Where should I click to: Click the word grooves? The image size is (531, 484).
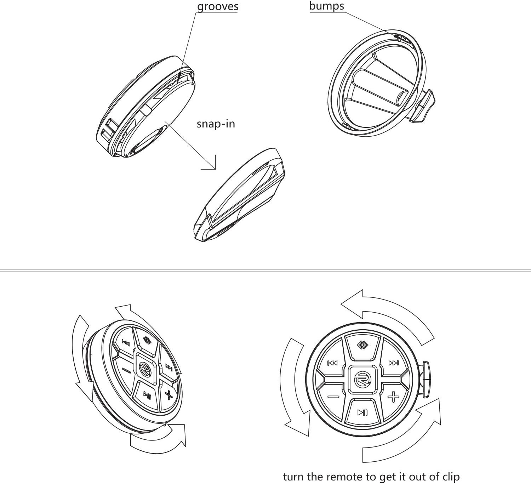coord(217,7)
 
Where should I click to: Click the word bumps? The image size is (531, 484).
coord(326,6)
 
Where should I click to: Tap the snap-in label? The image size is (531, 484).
coord(216,124)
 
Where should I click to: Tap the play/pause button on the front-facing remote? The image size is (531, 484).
coord(362,412)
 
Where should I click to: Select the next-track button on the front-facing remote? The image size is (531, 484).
coord(393,363)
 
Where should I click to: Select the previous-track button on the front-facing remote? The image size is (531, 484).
coord(332,363)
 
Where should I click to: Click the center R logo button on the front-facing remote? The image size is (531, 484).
coord(362,380)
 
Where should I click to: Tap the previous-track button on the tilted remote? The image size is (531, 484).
coord(125,342)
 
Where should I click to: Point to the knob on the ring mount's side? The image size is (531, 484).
coord(423,106)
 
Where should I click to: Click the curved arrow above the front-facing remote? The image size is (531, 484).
coord(386,312)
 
